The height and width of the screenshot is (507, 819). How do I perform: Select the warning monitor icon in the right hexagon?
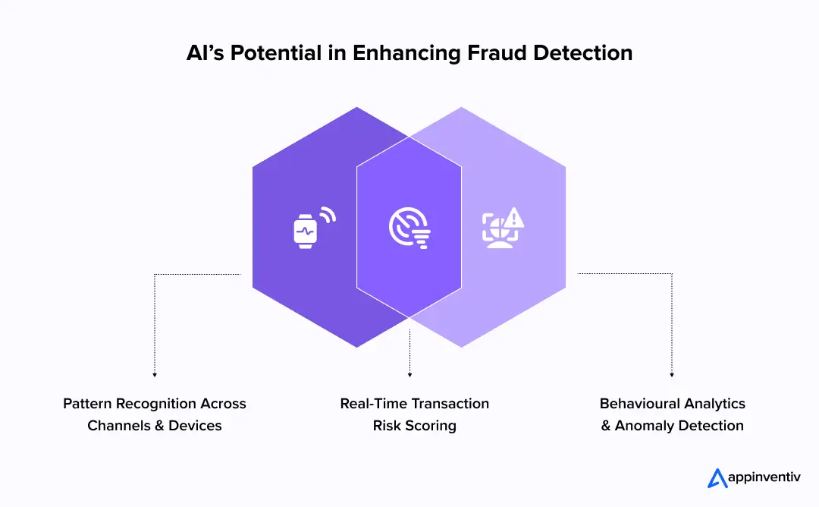503,227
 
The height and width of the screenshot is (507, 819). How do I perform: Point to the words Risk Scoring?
414,426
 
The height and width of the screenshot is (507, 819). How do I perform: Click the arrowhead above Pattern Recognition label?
155,374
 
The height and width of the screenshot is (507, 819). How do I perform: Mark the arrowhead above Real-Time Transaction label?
409,374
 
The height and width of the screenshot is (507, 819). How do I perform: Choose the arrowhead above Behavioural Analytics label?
672,374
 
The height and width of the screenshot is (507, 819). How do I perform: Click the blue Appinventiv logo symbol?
717,478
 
